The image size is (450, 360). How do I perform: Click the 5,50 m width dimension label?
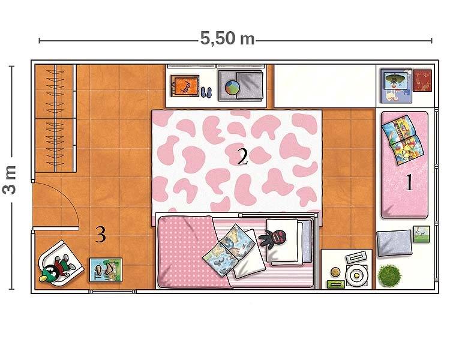(227, 38)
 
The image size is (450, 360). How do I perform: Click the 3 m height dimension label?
(10, 180)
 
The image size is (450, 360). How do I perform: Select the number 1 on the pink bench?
(409, 182)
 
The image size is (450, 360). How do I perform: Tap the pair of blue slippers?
(206, 92)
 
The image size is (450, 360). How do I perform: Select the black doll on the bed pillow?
(274, 238)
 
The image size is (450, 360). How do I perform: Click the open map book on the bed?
(229, 250)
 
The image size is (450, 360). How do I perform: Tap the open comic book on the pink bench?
(403, 140)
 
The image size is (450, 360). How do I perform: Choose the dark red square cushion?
(422, 80)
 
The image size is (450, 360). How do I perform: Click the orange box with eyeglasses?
(185, 86)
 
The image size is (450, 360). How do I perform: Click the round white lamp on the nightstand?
(356, 275)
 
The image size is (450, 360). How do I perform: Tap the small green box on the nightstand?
(336, 284)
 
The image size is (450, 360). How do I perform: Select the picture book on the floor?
(106, 270)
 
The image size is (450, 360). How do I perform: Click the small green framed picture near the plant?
(422, 234)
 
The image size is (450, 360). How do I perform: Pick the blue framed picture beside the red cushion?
(397, 86)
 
